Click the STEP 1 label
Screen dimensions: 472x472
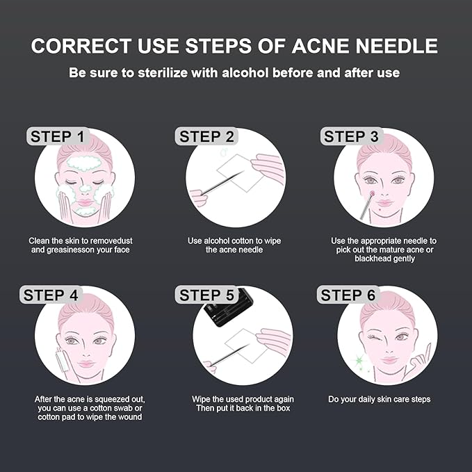point(58,136)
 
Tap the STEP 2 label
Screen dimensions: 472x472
point(207,136)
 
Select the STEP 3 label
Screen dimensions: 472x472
point(351,136)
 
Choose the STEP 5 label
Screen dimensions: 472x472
point(207,295)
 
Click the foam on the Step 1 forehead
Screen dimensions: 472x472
point(83,166)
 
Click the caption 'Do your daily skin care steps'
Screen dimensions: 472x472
point(379,399)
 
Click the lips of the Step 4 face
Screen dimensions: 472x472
point(86,362)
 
